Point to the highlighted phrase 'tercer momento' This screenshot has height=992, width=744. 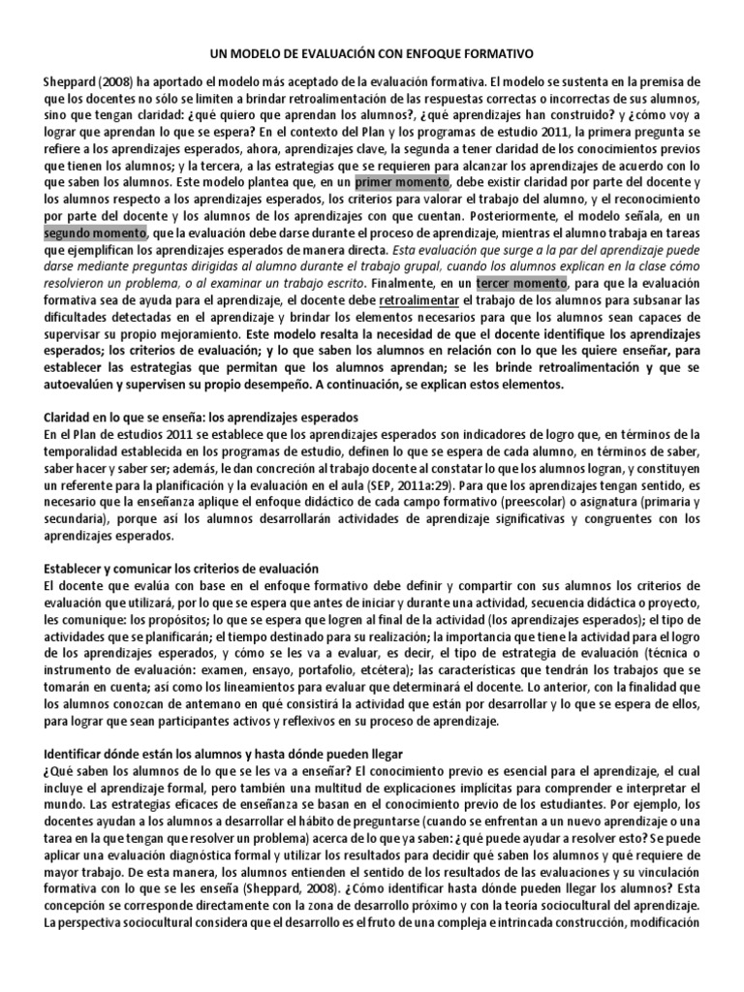(x=521, y=283)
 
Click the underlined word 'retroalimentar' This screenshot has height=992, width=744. (x=423, y=300)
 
